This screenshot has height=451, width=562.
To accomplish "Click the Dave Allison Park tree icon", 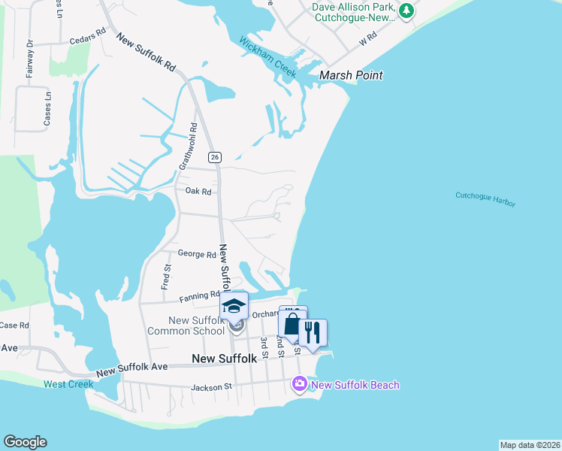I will pos(406,11).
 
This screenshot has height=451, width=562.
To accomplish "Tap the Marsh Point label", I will pos(351,75).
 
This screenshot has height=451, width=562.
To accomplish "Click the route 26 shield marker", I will pos(215,156).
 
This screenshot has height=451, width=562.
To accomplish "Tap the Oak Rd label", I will pos(198,192).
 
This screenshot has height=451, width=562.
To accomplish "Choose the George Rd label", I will pos(197,255).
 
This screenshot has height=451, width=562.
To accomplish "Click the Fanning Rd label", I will pos(199,295).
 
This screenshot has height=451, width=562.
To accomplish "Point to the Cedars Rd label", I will pos(87,37).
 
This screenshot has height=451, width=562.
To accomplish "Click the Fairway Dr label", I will pos(31,59).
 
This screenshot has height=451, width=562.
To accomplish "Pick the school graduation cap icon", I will pos(234,304).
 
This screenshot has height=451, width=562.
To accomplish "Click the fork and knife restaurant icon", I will pos(313,330).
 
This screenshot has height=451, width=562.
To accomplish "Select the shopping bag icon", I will pos(292,324).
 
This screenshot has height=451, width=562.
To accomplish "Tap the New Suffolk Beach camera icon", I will pos(300,385).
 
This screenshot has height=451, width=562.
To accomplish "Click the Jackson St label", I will pos(212,387).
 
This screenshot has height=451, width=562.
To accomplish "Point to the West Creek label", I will pos(68,384).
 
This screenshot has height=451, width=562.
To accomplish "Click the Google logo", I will pos(25,442).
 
